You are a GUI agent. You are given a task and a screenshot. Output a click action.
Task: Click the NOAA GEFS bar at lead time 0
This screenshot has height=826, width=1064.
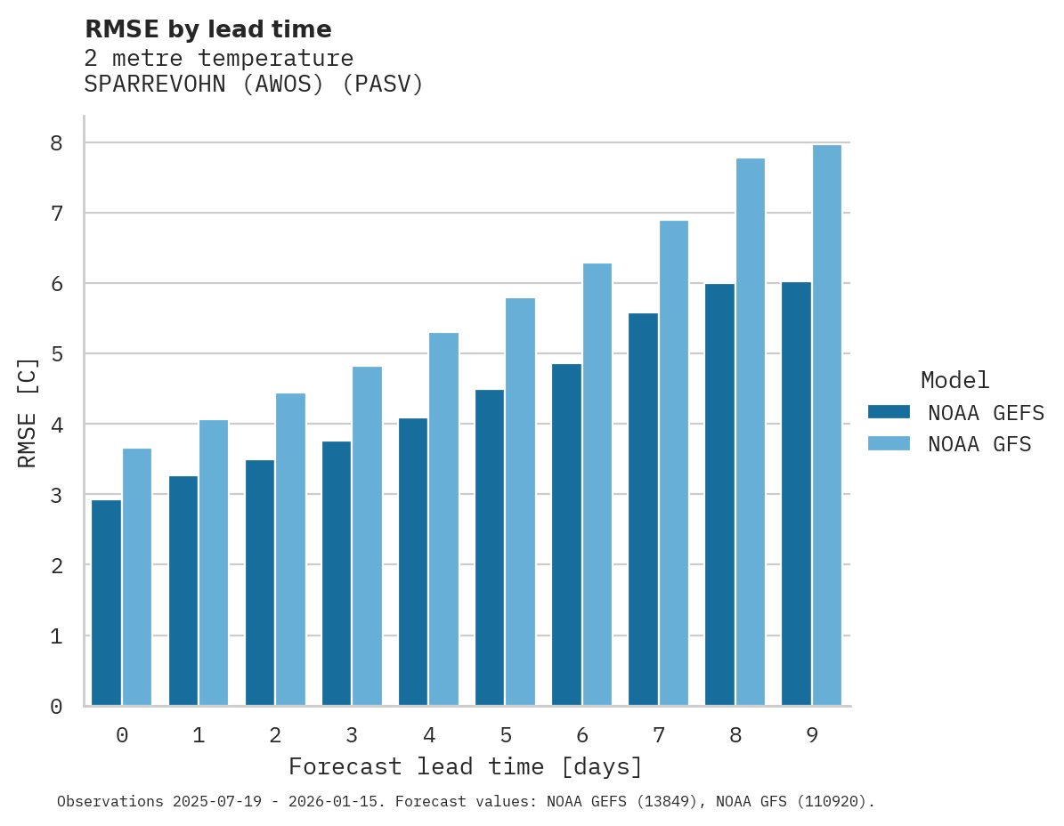106,603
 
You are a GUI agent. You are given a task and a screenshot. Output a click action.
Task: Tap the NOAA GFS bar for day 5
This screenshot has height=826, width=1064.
521,502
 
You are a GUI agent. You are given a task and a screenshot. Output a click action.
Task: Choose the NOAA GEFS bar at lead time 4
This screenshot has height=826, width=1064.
413,562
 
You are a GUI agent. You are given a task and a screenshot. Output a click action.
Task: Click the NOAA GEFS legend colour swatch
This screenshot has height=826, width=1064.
889,412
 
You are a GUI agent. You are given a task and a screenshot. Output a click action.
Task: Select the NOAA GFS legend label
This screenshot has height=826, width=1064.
979,444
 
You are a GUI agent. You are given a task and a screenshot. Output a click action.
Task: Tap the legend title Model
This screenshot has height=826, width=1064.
954,381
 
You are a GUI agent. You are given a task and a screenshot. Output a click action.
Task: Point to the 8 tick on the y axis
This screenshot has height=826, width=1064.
56,142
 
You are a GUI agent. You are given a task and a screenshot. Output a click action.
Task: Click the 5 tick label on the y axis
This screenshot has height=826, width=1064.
56,354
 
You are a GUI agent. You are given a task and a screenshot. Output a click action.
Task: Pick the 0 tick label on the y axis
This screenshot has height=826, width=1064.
56,707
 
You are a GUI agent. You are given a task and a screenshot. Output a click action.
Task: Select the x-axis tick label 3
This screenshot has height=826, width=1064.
352,735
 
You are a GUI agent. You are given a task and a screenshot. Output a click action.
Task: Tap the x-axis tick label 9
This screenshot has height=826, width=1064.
812,735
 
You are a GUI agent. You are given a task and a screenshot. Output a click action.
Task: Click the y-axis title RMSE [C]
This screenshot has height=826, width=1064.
28,412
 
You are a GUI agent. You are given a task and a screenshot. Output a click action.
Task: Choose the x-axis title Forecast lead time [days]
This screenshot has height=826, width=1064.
465,766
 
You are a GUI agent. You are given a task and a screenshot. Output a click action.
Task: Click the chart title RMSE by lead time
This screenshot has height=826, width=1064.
207,29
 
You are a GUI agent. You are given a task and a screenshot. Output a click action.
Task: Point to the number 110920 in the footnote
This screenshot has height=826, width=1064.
834,802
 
